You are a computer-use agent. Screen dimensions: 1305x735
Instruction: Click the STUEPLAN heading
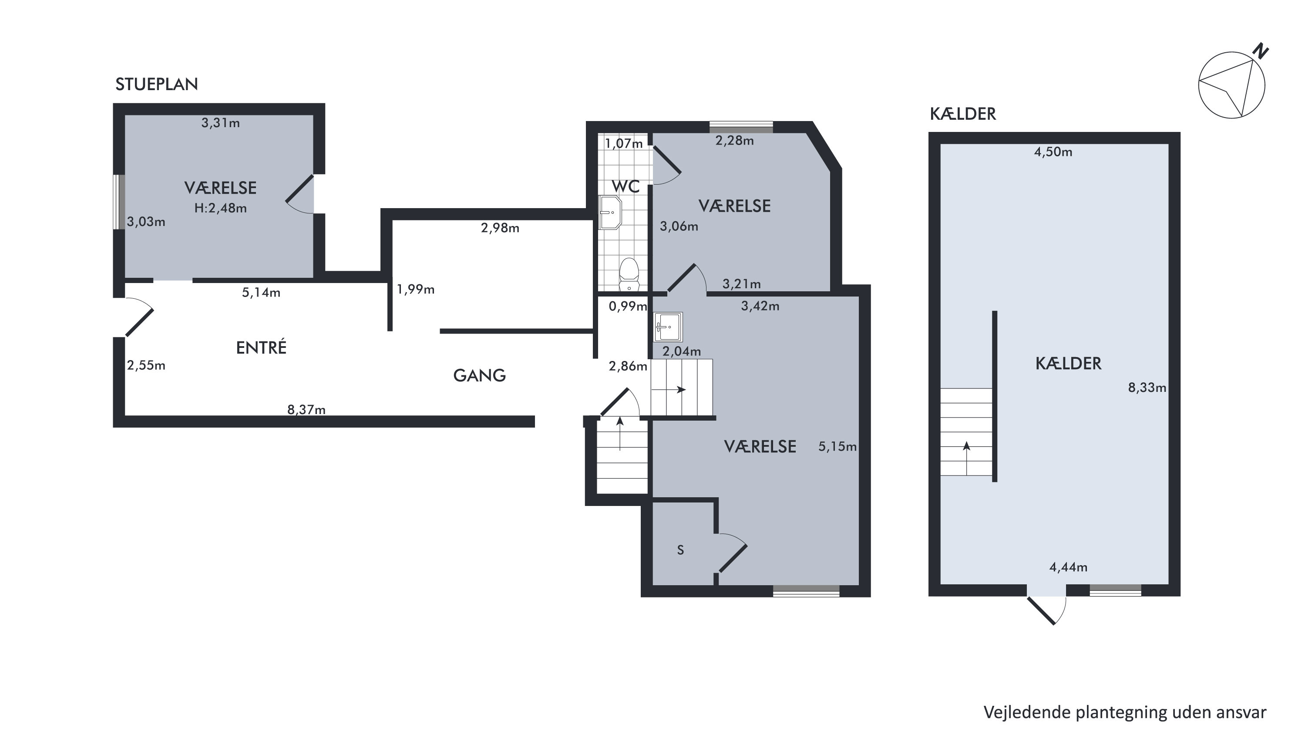pyautogui.click(x=157, y=84)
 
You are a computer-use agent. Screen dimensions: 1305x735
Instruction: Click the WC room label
pyautogui.click(x=626, y=186)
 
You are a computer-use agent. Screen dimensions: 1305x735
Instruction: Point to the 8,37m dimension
pyautogui.click(x=306, y=410)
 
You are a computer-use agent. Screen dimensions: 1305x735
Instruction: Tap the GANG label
pyautogui.click(x=479, y=376)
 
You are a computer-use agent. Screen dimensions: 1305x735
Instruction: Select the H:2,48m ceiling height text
pyautogui.click(x=220, y=208)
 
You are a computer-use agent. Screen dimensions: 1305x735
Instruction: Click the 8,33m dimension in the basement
pyautogui.click(x=1147, y=388)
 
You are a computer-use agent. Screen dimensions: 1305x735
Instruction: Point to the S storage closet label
pyautogui.click(x=680, y=550)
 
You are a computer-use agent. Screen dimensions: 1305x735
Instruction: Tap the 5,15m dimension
pyautogui.click(x=837, y=447)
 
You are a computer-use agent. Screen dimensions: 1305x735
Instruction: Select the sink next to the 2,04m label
pyautogui.click(x=668, y=327)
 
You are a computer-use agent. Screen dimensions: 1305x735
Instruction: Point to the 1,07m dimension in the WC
pyautogui.click(x=624, y=143)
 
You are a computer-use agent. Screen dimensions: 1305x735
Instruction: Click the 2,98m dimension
pyautogui.click(x=500, y=228)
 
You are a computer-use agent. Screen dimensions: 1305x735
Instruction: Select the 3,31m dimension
pyautogui.click(x=220, y=123)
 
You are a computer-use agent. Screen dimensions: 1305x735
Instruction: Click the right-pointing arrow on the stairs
pyautogui.click(x=669, y=390)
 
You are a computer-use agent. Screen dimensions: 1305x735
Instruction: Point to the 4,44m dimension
pyautogui.click(x=1068, y=567)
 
